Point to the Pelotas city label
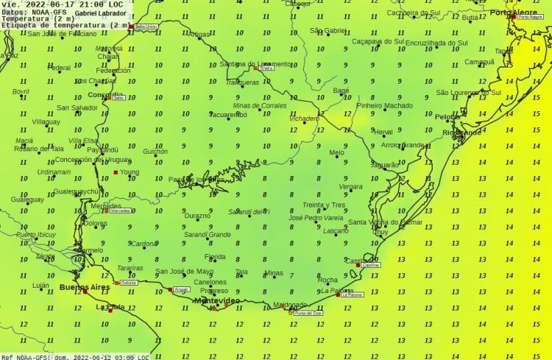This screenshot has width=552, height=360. tap(447, 117)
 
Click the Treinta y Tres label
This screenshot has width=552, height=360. tap(324, 205)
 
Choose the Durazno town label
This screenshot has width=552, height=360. tap(197, 216)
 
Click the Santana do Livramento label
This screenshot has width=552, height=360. tap(255, 64)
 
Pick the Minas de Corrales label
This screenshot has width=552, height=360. tap(260, 106)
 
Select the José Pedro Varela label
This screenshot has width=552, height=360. tap(316, 218)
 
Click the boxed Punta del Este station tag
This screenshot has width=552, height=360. tap(308, 314)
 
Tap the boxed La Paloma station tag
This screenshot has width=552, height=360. tap(353, 295)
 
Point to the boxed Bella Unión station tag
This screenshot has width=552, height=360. tap(146, 27)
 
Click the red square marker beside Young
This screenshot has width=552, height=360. tap(116, 172)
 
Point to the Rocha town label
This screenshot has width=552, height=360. tap(328, 280)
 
